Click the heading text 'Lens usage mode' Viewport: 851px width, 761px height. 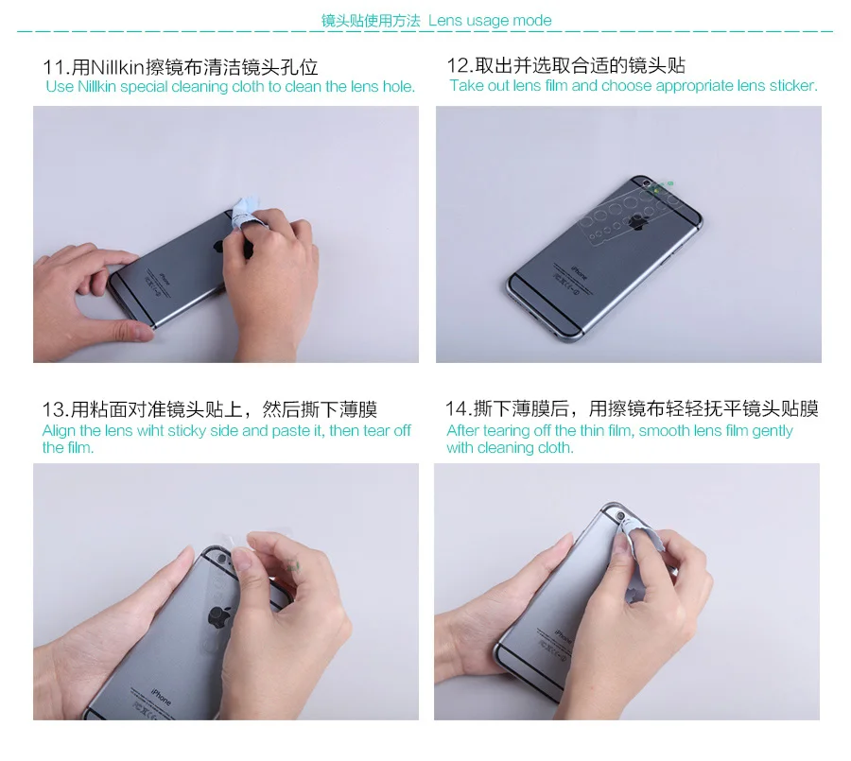pos(490,21)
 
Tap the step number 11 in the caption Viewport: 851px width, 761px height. pos(54,67)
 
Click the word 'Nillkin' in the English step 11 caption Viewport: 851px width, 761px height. pos(96,87)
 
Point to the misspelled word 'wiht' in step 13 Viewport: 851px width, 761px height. pos(150,431)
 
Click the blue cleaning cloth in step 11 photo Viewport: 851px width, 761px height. pos(244,216)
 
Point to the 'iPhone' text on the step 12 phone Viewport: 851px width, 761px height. pos(578,272)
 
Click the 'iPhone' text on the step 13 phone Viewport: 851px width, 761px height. pos(161,697)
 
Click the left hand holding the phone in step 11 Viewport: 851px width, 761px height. pos(88,293)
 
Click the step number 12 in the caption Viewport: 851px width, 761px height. pos(458,66)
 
